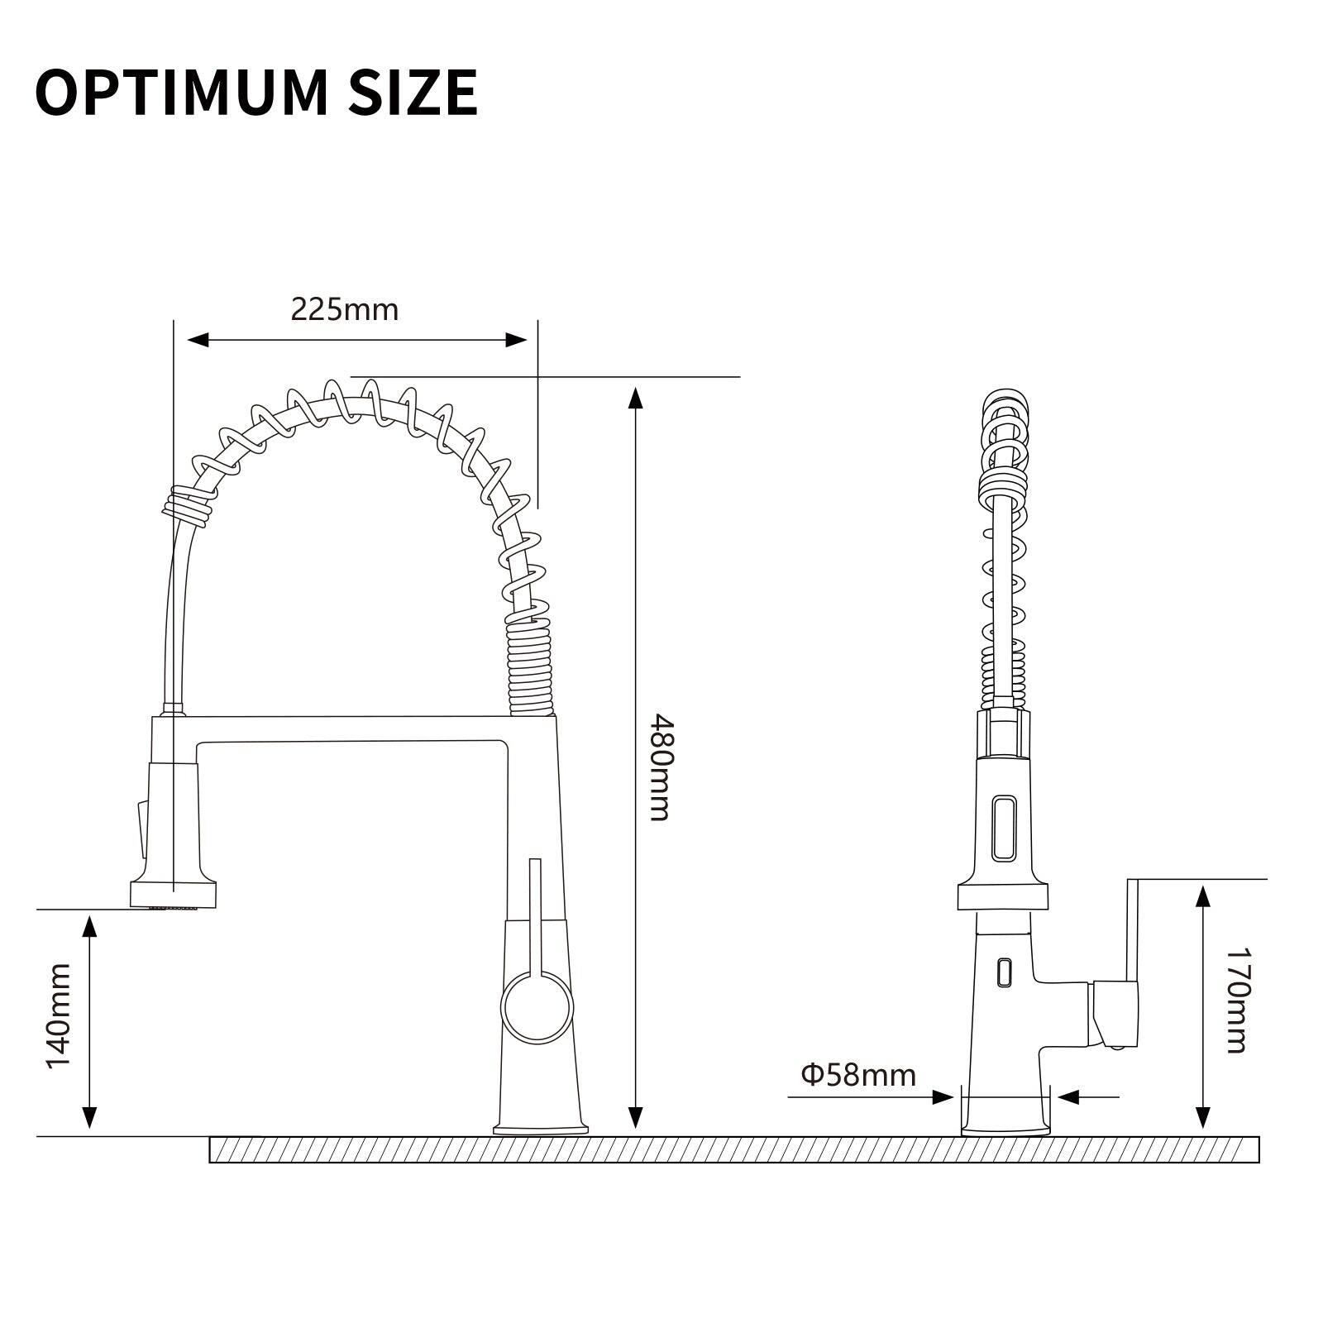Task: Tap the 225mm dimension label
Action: pos(344,309)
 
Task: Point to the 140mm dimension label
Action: pos(59,1015)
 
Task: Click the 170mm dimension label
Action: pos(1235,1001)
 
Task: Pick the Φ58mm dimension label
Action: pos(858,1075)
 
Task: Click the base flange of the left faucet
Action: pos(541,1127)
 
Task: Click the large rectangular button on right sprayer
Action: pos(1004,827)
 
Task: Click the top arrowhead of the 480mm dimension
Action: pos(635,399)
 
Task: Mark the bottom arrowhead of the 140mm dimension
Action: pos(89,1118)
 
